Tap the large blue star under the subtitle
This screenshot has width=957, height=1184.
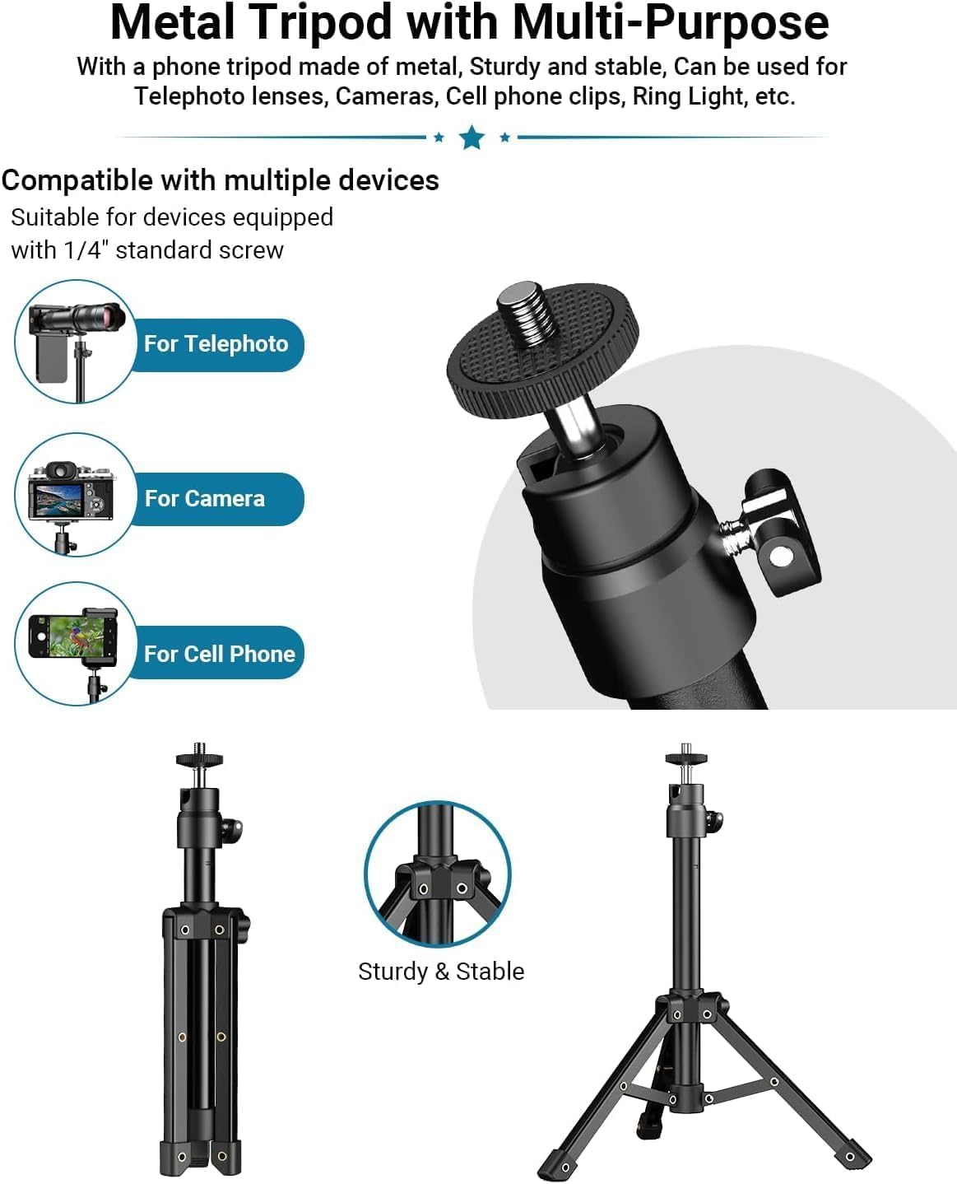pyautogui.click(x=472, y=137)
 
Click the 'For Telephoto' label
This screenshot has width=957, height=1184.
pyautogui.click(x=216, y=344)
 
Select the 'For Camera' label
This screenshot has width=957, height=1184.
pyautogui.click(x=205, y=499)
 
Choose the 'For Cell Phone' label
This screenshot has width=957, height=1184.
pyautogui.click(x=219, y=654)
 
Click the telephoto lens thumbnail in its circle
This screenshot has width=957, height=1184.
pyautogui.click(x=76, y=342)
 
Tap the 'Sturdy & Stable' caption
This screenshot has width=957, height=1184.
pyautogui.click(x=441, y=972)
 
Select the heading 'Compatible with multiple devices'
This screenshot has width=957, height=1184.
pyautogui.click(x=220, y=180)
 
